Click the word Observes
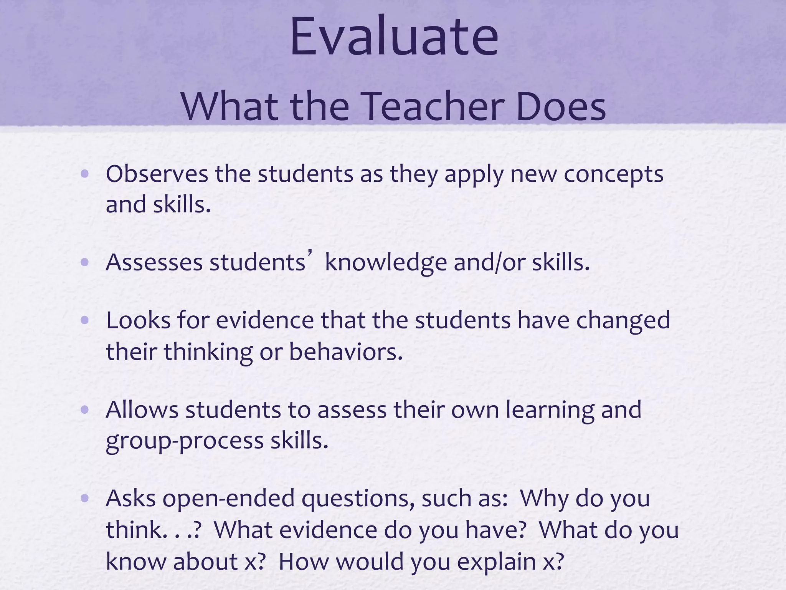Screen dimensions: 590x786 coord(157,174)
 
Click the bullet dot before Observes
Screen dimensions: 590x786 coord(85,174)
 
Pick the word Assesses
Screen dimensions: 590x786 coord(154,263)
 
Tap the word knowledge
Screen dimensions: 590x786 coord(385,264)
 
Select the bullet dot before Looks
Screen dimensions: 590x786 coord(85,320)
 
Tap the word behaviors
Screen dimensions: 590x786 coord(345,352)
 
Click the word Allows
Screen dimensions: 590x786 coord(142,409)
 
